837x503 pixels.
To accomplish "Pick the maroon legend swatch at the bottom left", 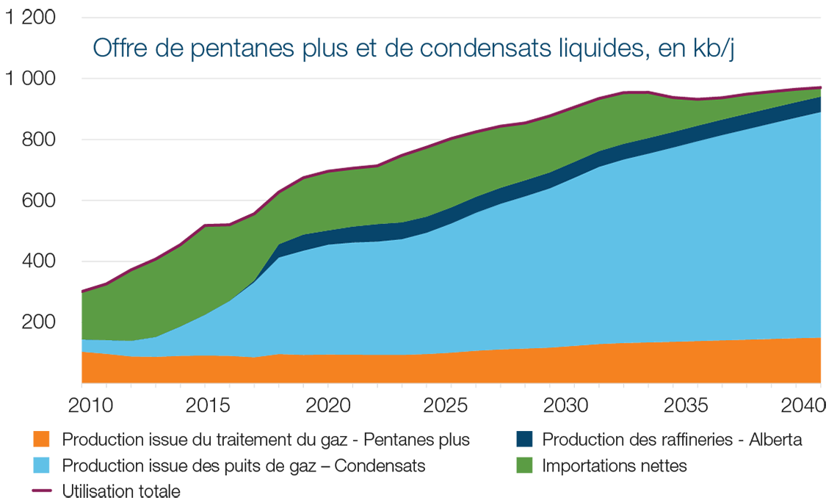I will (x=30, y=489).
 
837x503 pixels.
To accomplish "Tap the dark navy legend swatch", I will (x=514, y=433).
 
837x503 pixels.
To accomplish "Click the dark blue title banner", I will (x=411, y=48).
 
